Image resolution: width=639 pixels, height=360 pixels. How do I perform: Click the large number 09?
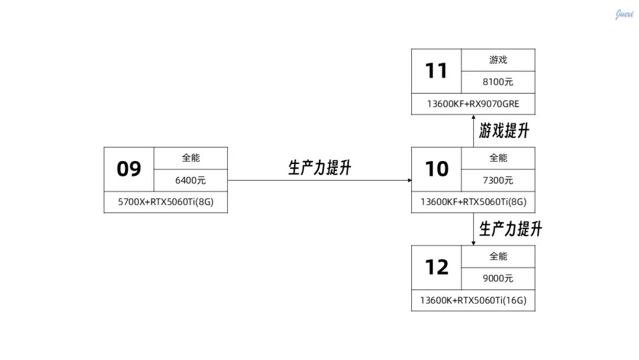click(129, 169)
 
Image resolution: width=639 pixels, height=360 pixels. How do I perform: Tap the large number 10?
click(437, 169)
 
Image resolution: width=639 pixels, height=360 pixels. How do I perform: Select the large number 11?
click(437, 71)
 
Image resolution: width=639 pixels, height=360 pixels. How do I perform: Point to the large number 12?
click(437, 268)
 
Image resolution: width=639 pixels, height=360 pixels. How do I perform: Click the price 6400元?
click(191, 181)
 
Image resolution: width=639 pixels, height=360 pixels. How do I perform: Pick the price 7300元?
click(498, 181)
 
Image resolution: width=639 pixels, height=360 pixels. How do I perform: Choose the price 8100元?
click(498, 82)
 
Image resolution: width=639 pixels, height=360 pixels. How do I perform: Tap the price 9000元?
click(498, 279)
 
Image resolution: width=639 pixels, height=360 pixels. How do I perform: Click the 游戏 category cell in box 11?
click(498, 60)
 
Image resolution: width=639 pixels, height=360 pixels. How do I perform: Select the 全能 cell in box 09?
click(191, 158)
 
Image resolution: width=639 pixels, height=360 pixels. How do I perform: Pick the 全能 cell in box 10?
click(498, 158)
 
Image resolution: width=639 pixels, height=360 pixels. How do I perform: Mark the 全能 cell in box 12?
click(498, 256)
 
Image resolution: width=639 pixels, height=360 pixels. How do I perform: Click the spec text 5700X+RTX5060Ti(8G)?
click(166, 202)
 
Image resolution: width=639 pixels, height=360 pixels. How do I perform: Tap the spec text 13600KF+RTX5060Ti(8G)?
click(473, 202)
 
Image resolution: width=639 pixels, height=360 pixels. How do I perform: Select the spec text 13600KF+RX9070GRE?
click(473, 104)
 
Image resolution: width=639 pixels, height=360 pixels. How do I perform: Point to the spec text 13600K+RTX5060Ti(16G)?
click(473, 300)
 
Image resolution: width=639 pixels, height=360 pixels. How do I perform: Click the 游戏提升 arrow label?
click(504, 131)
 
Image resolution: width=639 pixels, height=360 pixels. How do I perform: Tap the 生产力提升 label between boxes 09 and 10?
click(319, 168)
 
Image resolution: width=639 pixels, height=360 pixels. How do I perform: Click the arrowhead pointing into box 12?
click(473, 242)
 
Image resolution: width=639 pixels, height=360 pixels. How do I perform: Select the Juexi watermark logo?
click(624, 14)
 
